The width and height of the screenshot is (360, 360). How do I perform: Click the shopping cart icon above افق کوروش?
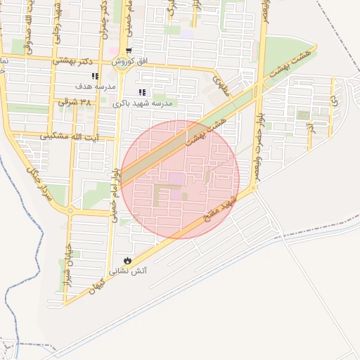[x=129, y=51]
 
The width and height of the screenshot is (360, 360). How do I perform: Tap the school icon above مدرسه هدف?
[x=95, y=76]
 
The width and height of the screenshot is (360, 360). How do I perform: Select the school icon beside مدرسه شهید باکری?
[x=142, y=93]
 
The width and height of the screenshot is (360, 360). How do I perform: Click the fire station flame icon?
[x=127, y=260]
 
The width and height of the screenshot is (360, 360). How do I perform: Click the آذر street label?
[x=309, y=128]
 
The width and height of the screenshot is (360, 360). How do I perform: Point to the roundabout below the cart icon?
[x=129, y=69]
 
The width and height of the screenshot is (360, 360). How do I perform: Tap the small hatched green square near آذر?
[x=302, y=115]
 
